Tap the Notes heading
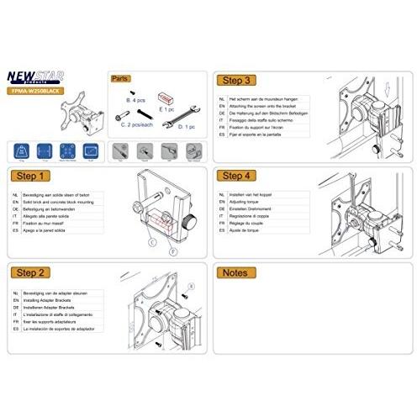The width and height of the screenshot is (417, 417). tap(236, 273)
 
